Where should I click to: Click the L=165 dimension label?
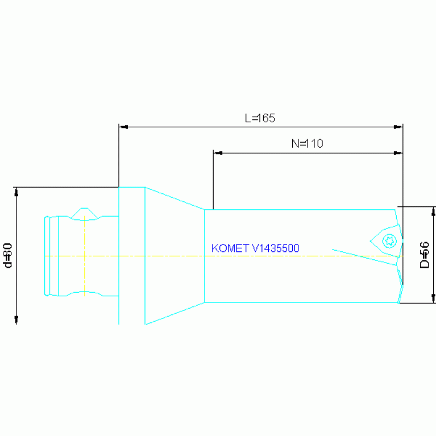(x=260, y=118)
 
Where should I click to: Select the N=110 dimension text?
(x=307, y=144)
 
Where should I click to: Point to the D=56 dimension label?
(x=424, y=255)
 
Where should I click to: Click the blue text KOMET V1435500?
(x=255, y=248)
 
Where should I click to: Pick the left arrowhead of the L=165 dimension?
(x=122, y=127)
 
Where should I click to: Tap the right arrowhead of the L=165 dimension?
(x=398, y=127)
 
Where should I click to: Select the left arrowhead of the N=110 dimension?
(x=217, y=153)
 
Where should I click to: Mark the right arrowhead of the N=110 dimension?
(x=398, y=153)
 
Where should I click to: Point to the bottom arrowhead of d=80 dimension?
(x=16, y=320)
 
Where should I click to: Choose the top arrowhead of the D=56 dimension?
(x=433, y=211)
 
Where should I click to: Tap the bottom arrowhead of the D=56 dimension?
(x=433, y=298)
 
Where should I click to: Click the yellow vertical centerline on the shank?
(x=84, y=256)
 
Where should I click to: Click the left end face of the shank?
(x=45, y=256)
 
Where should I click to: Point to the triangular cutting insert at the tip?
(x=387, y=239)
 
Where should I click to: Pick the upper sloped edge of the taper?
(x=175, y=198)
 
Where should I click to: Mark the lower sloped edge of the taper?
(x=175, y=314)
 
